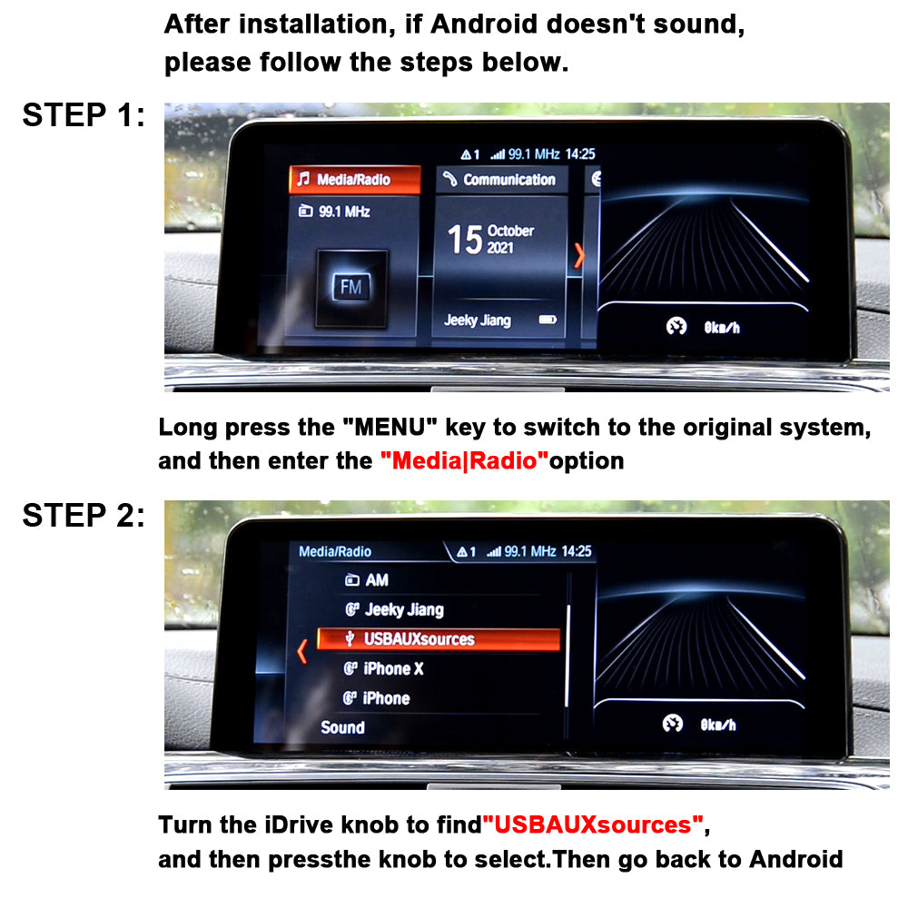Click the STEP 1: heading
point(84,114)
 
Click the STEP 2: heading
point(84,515)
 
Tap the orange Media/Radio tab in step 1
point(355,180)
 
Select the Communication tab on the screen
point(501,180)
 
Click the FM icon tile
point(351,288)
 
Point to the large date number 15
point(464,239)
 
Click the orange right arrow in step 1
point(579,255)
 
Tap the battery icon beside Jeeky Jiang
point(548,319)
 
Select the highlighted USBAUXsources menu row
point(439,638)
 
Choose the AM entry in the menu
point(367,579)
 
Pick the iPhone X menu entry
point(383,669)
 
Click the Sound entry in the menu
point(343,727)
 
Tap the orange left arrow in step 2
point(301,651)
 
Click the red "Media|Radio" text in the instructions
point(464,461)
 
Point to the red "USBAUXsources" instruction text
point(593,824)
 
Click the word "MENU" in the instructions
point(390,428)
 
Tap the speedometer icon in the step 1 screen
point(676,327)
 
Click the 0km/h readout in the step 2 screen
point(718,725)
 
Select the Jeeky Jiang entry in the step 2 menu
point(394,609)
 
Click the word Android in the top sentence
point(484,25)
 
